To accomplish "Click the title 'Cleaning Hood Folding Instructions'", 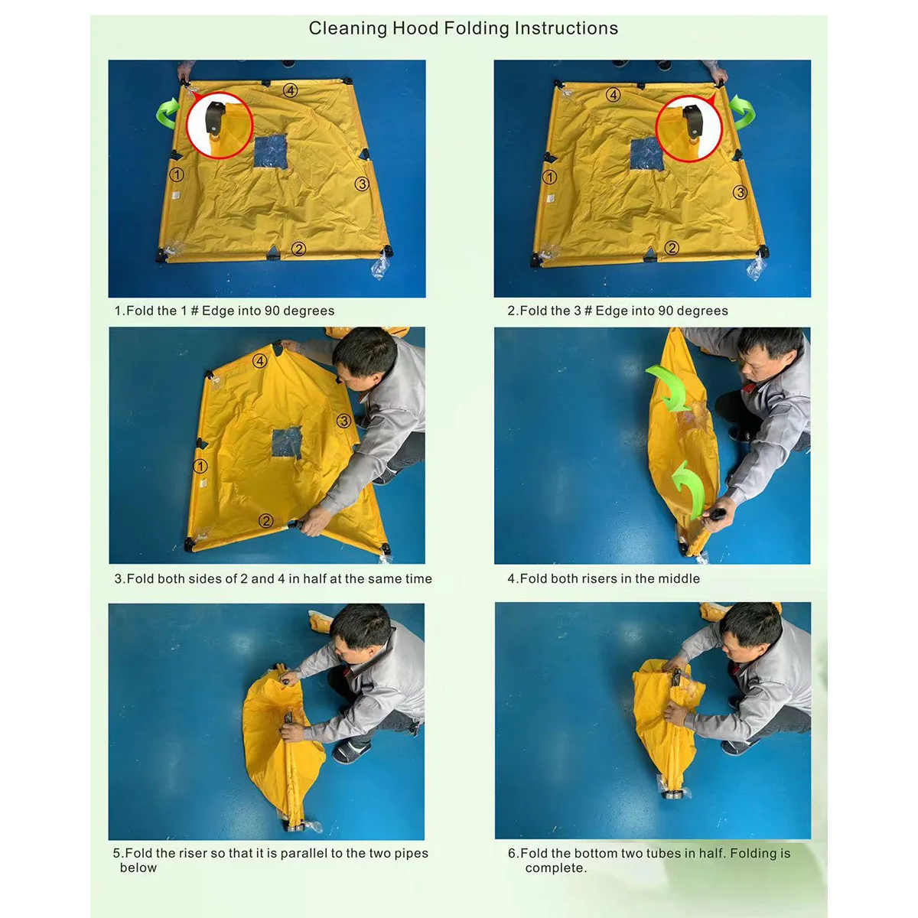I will tap(463, 28).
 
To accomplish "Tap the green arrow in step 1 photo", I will tap(169, 112).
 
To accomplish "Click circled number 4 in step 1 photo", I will tap(290, 90).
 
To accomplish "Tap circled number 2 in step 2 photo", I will tap(672, 248).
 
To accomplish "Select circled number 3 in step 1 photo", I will tap(362, 184).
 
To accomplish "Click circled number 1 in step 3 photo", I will tap(200, 465).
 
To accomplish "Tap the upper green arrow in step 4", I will tap(668, 386).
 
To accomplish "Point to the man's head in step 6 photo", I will tap(750, 626).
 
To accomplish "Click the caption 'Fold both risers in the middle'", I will tap(604, 579).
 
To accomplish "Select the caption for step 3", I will tap(273, 579).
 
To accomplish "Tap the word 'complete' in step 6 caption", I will tap(555, 868).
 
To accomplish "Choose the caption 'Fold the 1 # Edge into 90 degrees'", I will tap(224, 311).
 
